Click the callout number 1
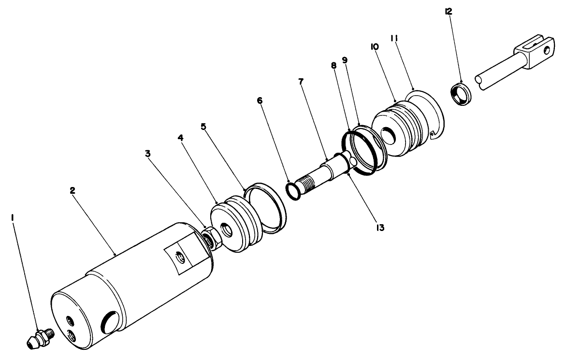13,218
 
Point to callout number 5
203,127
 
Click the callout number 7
301,81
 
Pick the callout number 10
375,46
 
